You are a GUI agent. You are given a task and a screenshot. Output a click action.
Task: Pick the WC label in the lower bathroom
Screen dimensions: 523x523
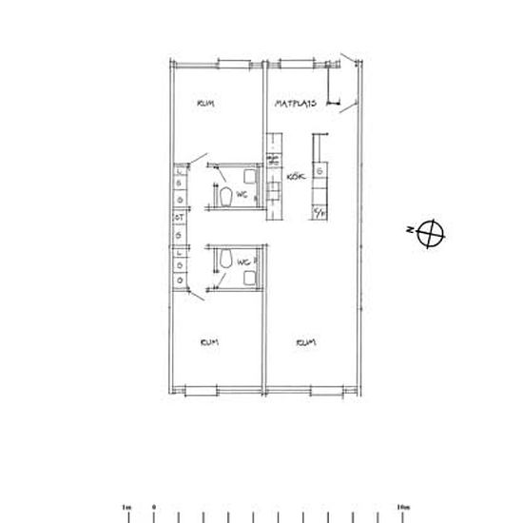[243, 261]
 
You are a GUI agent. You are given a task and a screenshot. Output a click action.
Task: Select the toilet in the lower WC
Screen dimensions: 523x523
[224, 258]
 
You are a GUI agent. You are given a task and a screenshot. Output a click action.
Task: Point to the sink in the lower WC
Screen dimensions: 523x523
[250, 278]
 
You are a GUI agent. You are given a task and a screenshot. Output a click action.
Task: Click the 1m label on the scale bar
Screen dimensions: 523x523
[128, 507]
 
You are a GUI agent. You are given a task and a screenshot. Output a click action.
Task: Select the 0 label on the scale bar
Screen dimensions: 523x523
[155, 507]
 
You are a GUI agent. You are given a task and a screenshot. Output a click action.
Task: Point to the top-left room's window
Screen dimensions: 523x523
[232, 63]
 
